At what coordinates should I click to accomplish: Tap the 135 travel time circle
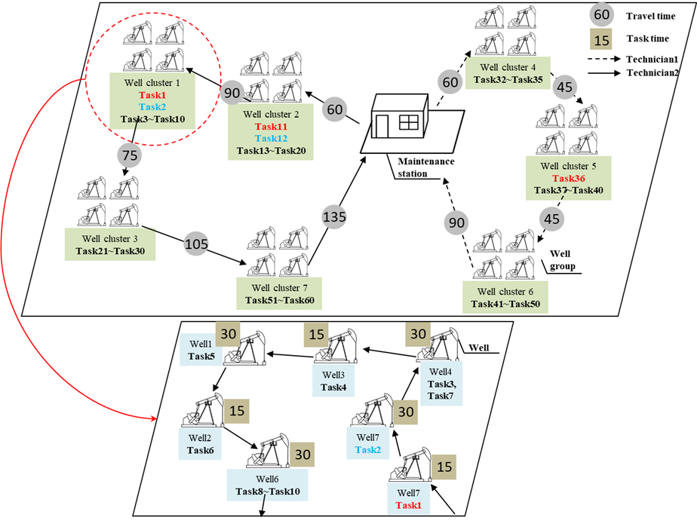334,218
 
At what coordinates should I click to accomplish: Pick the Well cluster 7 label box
279,294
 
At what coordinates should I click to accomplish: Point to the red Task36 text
569,179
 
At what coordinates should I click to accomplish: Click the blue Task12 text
271,139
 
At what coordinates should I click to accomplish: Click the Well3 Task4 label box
333,382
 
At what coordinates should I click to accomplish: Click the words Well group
564,259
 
